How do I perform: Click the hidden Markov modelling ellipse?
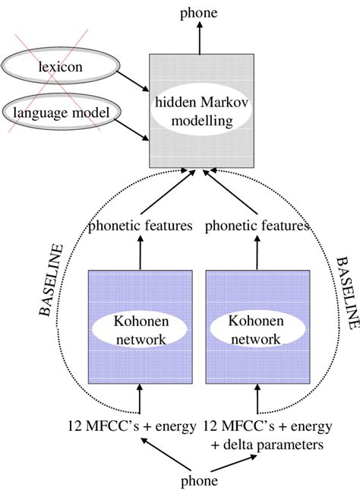pos(199,111)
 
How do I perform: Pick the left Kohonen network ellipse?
pos(140,329)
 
